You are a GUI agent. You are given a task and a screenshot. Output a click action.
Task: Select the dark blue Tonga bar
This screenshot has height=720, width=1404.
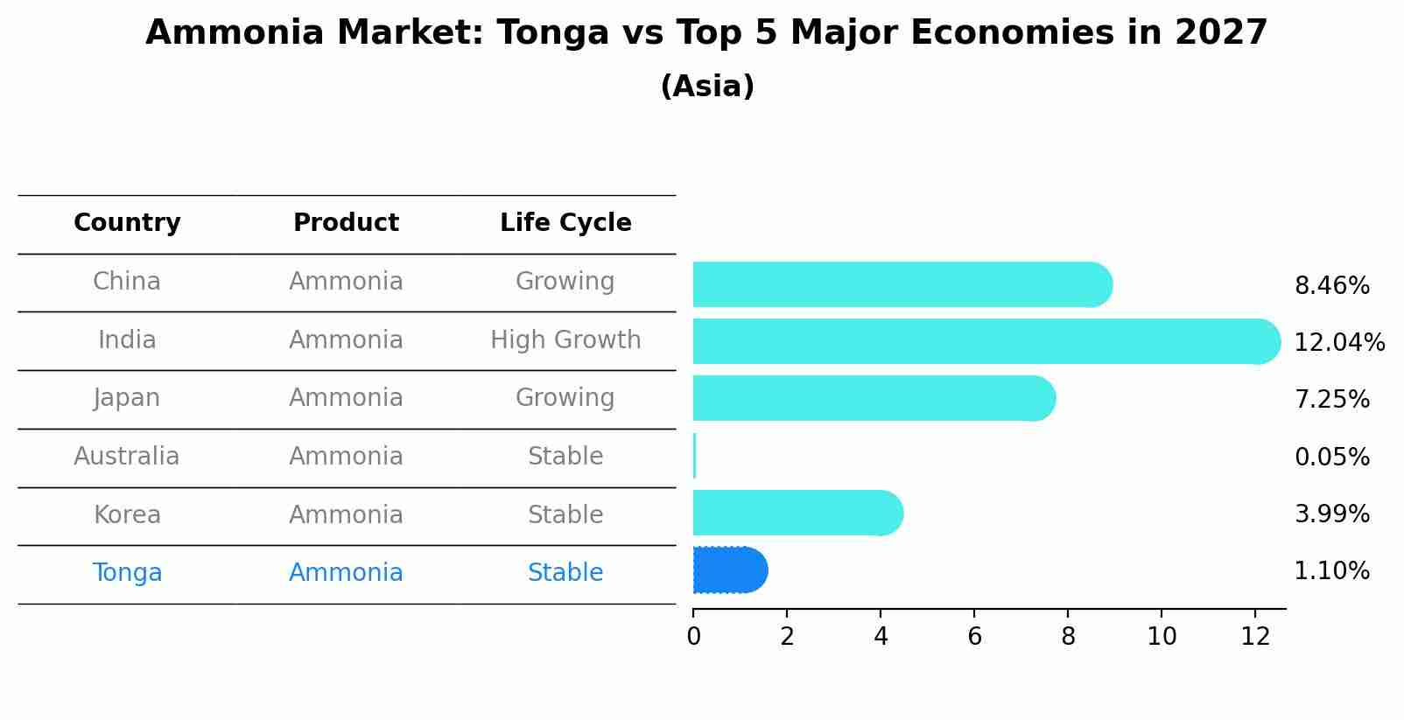coord(729,570)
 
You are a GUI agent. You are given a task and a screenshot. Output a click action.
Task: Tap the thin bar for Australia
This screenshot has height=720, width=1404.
coord(695,456)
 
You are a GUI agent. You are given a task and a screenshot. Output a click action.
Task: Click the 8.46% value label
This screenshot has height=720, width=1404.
coord(1331,286)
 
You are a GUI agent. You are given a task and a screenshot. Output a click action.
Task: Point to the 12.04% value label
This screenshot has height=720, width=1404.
coord(1338,343)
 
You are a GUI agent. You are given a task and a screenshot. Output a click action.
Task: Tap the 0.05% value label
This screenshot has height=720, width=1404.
coord(1331,457)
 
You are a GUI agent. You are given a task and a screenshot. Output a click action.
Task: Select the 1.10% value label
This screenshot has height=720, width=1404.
coord(1331,571)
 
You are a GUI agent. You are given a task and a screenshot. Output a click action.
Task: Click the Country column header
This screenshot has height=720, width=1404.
coord(127,223)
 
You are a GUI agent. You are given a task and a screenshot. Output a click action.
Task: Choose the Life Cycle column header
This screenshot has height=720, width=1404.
coord(565,223)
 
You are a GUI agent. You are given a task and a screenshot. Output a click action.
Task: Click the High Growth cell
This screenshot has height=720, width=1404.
coord(565,339)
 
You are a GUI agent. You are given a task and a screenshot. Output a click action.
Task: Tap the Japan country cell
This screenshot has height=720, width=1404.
coord(127,398)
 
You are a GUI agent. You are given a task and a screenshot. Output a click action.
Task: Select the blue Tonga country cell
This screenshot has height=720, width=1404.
coord(127,573)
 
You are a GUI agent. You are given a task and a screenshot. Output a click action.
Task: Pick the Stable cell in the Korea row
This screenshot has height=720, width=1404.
coord(565,514)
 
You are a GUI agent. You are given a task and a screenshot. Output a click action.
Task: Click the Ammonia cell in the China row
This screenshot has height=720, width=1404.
coord(346,282)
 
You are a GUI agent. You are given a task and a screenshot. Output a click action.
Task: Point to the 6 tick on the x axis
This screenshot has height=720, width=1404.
coord(974,636)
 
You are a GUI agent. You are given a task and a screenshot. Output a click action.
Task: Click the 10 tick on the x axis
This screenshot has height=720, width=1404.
coord(1162,636)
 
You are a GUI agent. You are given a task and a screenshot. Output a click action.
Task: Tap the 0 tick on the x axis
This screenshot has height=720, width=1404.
coord(693,636)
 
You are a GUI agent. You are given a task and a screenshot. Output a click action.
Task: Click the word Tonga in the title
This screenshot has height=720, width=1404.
coord(552,33)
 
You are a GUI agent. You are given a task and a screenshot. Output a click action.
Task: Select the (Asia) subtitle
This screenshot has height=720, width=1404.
coord(707,87)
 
